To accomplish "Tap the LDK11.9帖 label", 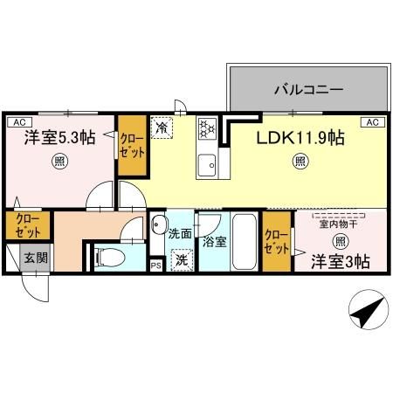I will (x=300, y=137).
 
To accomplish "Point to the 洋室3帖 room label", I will (x=341, y=259).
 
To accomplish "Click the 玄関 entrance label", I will (x=35, y=258).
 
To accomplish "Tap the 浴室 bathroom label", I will (x=214, y=241).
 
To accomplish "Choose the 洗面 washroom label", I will (x=180, y=233).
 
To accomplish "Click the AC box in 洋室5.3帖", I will (x=18, y=121).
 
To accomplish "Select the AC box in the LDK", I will (x=370, y=121).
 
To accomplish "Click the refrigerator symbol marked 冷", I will (x=163, y=128).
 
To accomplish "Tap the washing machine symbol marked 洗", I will (x=181, y=259).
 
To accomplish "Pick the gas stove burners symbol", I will (x=209, y=129).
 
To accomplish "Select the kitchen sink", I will (x=208, y=163).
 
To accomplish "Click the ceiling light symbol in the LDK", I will (x=300, y=162).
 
